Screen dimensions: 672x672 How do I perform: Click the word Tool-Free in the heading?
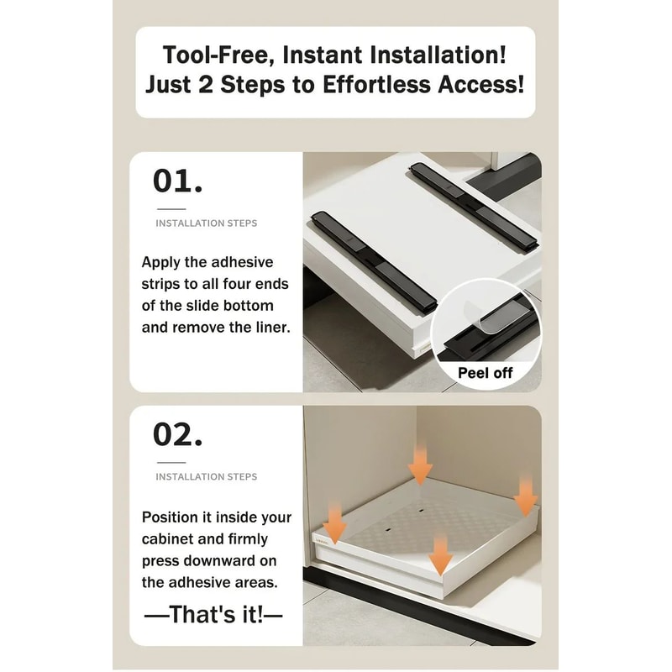pyautogui.click(x=219, y=55)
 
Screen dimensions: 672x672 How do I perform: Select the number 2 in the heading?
pyautogui.click(x=205, y=84)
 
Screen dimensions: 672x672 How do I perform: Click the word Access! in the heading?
pyautogui.click(x=480, y=84)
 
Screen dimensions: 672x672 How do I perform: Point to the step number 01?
pyautogui.click(x=177, y=181)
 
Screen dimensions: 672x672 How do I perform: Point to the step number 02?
pyautogui.click(x=177, y=435)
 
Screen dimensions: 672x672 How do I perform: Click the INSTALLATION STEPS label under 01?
pyautogui.click(x=206, y=223)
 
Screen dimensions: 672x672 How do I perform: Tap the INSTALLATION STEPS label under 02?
pyautogui.click(x=206, y=476)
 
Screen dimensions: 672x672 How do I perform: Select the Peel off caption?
pyautogui.click(x=485, y=373)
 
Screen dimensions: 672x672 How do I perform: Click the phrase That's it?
pyautogui.click(x=216, y=615)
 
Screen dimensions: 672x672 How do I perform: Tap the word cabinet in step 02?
pyautogui.click(x=167, y=538)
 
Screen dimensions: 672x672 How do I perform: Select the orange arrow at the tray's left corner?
pyautogui.click(x=333, y=523)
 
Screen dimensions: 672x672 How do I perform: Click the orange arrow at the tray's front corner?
pyautogui.click(x=440, y=554)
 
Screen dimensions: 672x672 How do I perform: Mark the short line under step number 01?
pyautogui.click(x=171, y=209)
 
